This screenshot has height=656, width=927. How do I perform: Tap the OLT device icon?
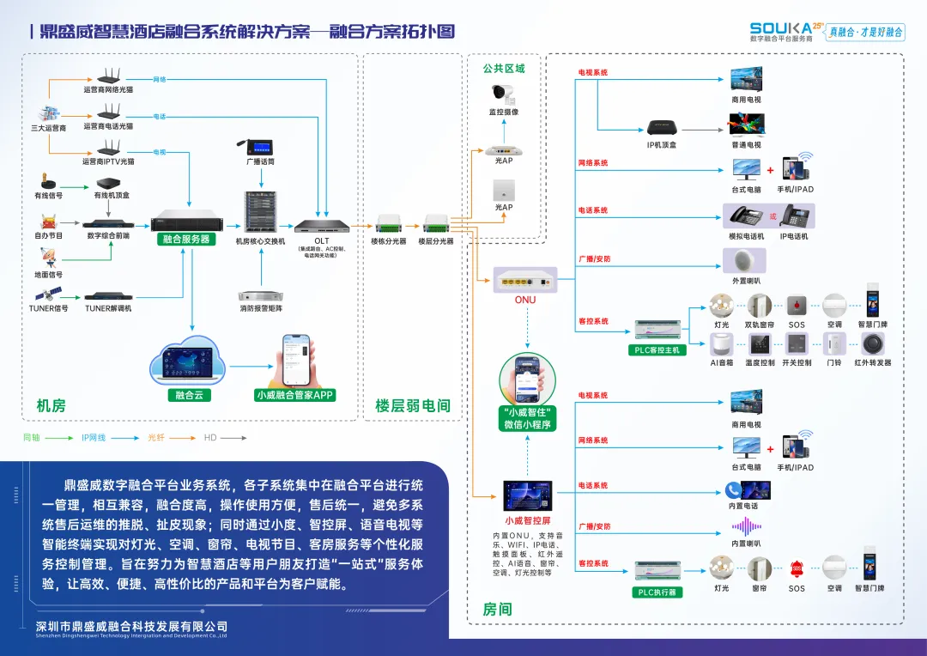(322, 227)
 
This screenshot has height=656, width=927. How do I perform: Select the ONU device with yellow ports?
(525, 279)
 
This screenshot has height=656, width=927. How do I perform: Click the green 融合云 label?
(188, 395)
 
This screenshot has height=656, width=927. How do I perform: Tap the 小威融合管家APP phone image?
(295, 361)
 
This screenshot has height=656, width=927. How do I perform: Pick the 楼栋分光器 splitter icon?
(389, 226)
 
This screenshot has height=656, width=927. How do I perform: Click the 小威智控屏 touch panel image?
(528, 497)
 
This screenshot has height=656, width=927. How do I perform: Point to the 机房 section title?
(51, 405)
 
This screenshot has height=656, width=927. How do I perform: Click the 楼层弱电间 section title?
(413, 405)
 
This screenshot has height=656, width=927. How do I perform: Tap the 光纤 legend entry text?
(156, 438)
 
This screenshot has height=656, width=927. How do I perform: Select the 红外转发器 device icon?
(872, 344)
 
